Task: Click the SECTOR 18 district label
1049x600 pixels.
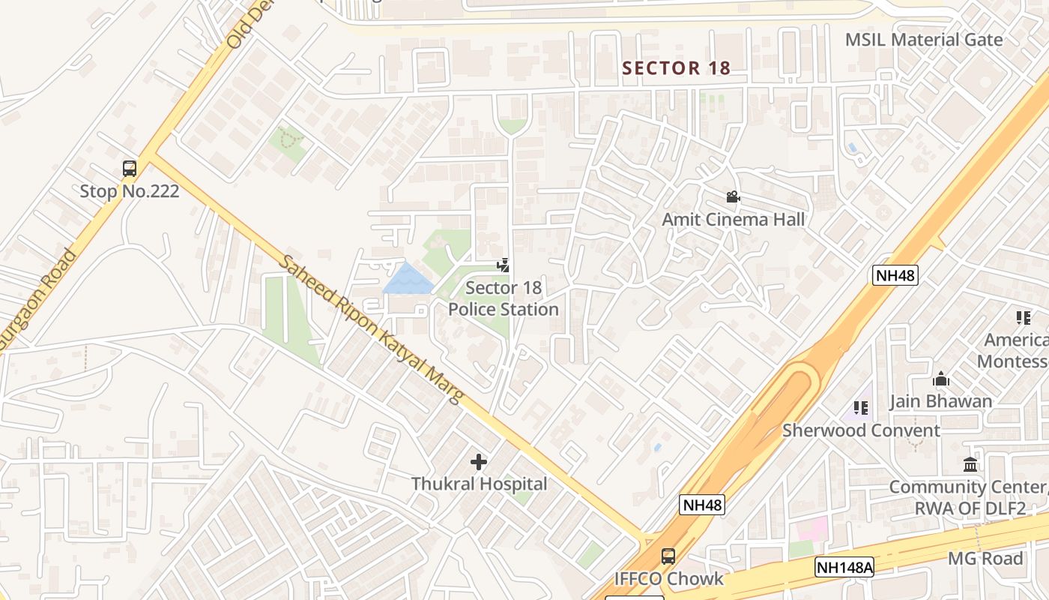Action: tap(676, 68)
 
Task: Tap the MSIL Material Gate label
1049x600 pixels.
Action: tap(923, 40)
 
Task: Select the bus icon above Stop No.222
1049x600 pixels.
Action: tap(130, 169)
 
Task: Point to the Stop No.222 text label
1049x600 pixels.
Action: tap(130, 191)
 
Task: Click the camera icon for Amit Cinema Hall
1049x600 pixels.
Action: tap(733, 197)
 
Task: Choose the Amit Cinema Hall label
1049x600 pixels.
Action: tap(733, 219)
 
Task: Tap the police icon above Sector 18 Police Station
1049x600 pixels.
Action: tap(504, 265)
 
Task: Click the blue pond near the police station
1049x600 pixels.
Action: tap(407, 280)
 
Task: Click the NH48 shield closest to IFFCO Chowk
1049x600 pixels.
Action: tap(702, 505)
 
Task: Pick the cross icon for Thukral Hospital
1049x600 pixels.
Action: tap(479, 462)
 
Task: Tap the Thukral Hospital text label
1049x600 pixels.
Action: tap(479, 484)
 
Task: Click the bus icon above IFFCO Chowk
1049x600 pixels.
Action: tap(668, 556)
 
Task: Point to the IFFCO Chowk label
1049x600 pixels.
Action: tap(668, 578)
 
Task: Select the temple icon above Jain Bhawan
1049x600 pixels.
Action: tap(940, 379)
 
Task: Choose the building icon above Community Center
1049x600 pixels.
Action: tap(970, 464)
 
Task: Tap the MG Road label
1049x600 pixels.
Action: tap(985, 558)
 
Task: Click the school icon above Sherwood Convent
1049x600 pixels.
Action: tap(861, 408)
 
